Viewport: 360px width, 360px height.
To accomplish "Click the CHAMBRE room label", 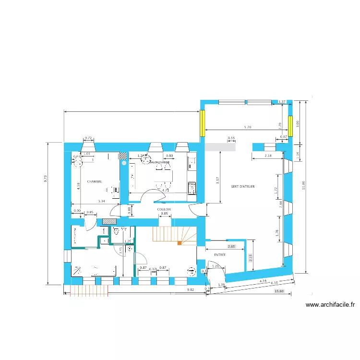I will tap(94, 182).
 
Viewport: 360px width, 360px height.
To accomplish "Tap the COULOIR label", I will tap(164, 209).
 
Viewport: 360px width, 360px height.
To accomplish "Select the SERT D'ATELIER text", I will tap(242, 186).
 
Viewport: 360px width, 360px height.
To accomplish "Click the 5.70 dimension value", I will tap(248, 127).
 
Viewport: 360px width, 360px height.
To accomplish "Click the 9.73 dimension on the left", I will tap(46, 178).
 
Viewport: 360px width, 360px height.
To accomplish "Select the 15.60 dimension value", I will tap(279, 291).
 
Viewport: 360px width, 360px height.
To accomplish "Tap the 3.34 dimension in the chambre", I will tap(101, 202).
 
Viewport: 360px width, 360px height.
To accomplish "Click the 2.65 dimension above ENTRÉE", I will tap(231, 246).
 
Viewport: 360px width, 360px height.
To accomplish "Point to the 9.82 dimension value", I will tap(191, 289).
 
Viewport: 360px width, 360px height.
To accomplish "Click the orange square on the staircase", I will tap(180, 243).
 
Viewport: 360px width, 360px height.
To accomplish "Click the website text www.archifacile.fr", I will tap(330, 304).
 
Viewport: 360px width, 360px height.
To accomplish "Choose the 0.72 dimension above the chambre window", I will tap(88, 138).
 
